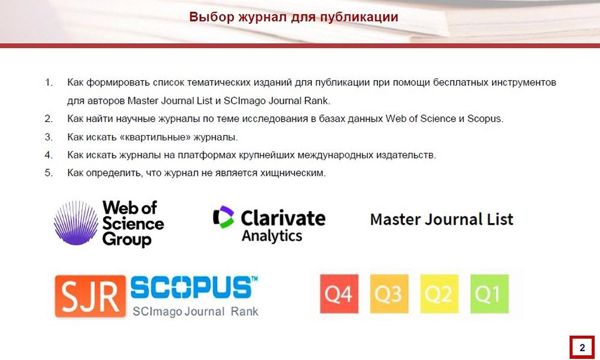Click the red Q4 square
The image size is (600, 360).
click(339, 294)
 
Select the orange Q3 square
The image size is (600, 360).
click(389, 294)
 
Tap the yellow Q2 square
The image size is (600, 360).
click(439, 294)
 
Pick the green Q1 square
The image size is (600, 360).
click(490, 294)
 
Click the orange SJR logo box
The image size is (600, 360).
click(91, 296)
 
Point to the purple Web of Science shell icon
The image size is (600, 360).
click(76, 223)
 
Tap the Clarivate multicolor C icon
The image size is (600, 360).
click(223, 217)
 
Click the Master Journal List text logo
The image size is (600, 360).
click(442, 219)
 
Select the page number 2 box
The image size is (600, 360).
click(582, 347)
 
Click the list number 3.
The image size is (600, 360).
click(49, 137)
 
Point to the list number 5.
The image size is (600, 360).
click(49, 173)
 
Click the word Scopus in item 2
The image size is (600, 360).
click(485, 119)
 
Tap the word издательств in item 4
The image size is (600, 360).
click(406, 155)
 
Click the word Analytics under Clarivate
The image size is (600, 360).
click(272, 236)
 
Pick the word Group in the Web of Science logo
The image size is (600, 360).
click(127, 240)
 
